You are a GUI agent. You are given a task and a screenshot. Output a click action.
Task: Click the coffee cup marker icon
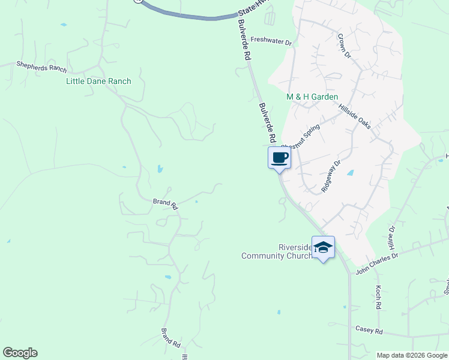pos(280,158)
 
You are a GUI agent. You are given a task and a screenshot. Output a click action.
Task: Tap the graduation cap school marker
pos(323,247)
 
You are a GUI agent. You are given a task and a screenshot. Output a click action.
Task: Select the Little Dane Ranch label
pos(98,81)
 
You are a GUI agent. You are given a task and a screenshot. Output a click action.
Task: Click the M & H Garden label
pos(312,97)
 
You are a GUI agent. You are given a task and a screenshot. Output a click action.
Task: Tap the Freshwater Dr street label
pos(271,41)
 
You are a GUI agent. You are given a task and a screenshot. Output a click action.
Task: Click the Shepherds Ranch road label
pos(41,67)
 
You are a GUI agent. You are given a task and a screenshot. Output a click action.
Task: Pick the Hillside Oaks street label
pos(355,115)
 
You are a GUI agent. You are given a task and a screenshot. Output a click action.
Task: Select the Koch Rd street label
pos(379,293)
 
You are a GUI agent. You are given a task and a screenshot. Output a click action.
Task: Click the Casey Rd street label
pos(369,329)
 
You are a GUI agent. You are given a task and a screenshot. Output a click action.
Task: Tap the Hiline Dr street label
pos(393,238)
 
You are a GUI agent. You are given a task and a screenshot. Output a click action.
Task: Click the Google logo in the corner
pos(20,353)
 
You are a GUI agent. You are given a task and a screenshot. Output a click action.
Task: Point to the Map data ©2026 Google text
pos(411,355)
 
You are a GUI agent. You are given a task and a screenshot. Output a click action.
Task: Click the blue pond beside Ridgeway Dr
pos(350,173)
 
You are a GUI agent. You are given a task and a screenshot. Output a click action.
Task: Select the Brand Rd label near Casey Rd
pos(171,338)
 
